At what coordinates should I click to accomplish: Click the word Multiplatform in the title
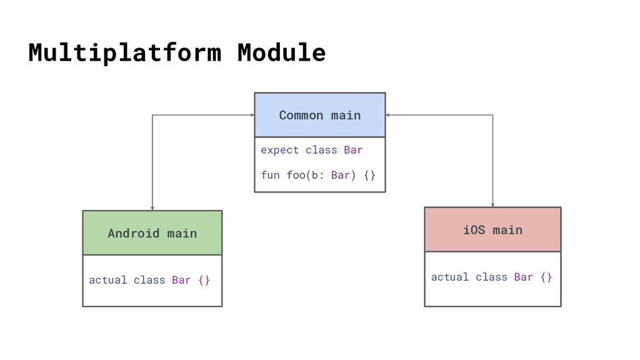coord(125,53)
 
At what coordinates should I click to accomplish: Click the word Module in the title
coord(282,52)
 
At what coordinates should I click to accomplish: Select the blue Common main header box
coord(320,115)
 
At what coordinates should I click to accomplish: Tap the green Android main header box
coord(152,233)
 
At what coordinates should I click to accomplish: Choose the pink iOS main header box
coord(492,229)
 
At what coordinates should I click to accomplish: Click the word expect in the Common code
coord(279,151)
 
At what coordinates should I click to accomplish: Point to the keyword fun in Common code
coord(270,175)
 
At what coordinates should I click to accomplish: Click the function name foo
coord(296,175)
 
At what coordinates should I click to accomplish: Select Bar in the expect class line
coord(353,150)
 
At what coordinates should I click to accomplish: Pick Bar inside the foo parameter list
coord(341,175)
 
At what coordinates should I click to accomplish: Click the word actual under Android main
coord(107,280)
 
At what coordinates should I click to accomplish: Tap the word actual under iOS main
coord(450,277)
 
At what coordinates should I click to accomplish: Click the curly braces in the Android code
coord(204,280)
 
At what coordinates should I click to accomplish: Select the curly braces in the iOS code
coord(546,277)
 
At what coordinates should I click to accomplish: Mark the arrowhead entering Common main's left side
coord(252,115)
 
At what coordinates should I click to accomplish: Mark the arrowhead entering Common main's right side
coord(387,115)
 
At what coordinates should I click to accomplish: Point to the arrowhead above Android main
coord(152,208)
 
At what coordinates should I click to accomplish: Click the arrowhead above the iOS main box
coord(492,204)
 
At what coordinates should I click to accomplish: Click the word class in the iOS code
coord(491,277)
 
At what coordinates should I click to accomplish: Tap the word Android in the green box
coord(134,233)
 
